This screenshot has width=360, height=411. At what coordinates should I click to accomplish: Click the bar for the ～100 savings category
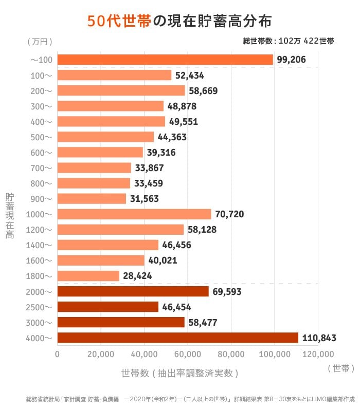(x=165, y=60)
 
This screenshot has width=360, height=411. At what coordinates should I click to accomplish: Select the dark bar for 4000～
(x=177, y=338)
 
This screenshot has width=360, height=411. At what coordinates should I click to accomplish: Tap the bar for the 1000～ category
(x=134, y=214)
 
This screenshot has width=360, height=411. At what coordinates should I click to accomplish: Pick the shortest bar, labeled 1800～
(x=88, y=276)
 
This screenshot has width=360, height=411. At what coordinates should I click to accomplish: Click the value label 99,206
(x=291, y=60)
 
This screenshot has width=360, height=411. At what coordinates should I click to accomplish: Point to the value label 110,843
(x=319, y=338)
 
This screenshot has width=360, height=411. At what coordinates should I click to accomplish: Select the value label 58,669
(x=203, y=91)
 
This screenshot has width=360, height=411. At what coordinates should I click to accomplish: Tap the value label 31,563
(x=144, y=199)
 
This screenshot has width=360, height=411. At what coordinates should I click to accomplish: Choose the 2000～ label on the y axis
(x=39, y=291)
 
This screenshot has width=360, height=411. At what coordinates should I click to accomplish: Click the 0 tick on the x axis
(x=57, y=354)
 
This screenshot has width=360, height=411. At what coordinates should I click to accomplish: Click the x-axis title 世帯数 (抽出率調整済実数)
(x=179, y=373)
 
